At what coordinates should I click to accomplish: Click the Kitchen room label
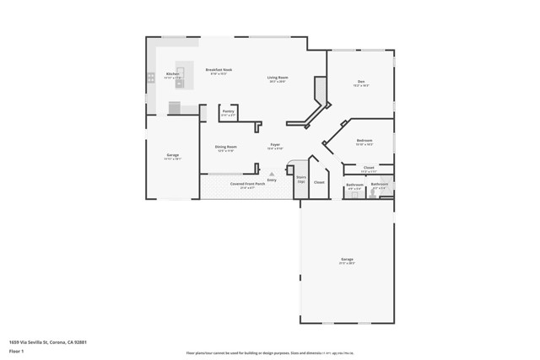click(172, 74)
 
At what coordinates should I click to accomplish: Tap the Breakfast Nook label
click(220, 70)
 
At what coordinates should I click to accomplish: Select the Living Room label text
click(277, 78)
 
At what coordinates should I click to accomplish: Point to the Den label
click(361, 82)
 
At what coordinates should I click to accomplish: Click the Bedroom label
click(364, 140)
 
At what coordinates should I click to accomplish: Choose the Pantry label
click(228, 111)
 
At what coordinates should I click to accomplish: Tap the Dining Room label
click(225, 147)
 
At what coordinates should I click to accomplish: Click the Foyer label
click(275, 145)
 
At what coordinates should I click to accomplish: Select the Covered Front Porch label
click(247, 183)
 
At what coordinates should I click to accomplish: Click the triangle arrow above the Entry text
click(272, 174)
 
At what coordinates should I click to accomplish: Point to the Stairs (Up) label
click(301, 178)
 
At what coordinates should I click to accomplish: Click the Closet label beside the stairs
click(319, 182)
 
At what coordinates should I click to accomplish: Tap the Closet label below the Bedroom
click(370, 168)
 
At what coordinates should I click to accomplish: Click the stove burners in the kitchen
click(151, 78)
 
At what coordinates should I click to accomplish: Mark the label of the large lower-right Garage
click(347, 259)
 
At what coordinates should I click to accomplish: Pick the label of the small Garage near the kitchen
click(172, 156)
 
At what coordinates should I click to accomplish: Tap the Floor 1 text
click(17, 351)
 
